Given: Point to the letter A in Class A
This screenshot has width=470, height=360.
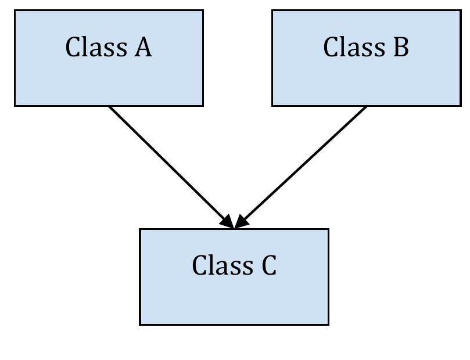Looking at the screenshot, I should coord(143,47).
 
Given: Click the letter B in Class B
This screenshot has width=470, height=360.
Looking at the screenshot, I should coord(401,47).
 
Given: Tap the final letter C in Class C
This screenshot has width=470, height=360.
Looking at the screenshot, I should coord(269,265).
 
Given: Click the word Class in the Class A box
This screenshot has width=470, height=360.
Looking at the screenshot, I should coord(96,47).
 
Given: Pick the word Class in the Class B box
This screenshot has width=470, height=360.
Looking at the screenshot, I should coord(354,47).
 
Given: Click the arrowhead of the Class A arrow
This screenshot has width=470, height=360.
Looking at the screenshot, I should coord(227,222).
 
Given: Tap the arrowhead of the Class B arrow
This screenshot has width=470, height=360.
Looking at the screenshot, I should coord(241,222).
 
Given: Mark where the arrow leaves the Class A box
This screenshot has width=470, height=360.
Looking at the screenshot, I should coord(109,106).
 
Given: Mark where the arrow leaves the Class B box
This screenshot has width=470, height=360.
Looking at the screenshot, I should coord(367,106).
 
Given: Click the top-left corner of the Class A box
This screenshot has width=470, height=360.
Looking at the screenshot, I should coord(15,10).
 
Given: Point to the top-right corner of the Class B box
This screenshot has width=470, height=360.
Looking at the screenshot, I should coord(461,10).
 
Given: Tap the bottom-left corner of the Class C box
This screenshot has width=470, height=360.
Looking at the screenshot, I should coord(140,324).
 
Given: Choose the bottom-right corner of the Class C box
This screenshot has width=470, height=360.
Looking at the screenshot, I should coord(328,324).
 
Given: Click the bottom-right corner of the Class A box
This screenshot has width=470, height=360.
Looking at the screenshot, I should coord(203,106).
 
